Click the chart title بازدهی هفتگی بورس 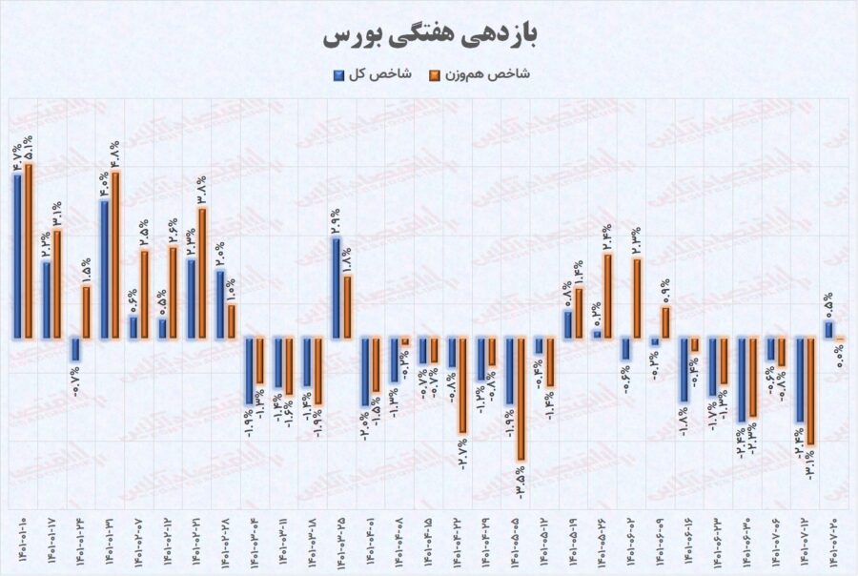coord(429,35)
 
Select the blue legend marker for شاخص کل coord(339,73)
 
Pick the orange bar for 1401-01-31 coord(116,254)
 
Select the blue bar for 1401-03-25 coord(337,287)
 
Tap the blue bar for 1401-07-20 coord(829,329)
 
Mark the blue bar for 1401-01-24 coord(75,349)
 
